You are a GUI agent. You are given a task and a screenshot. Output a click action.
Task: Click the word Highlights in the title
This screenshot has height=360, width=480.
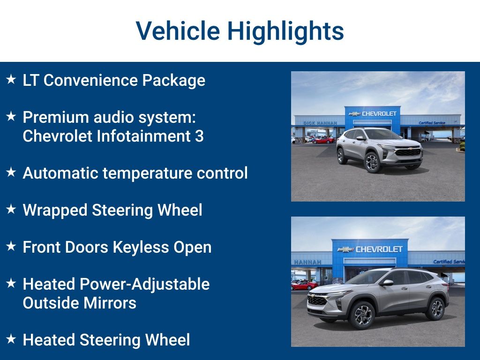click(285, 31)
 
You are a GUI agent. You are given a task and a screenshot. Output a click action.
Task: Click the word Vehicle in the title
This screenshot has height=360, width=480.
click(178, 31)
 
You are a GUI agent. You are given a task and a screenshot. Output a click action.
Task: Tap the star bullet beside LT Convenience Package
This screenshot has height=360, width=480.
click(11, 80)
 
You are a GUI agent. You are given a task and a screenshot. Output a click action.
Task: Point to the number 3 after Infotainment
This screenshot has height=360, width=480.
click(199, 136)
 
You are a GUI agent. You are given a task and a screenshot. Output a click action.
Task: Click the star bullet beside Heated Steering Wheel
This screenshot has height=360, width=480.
click(11, 339)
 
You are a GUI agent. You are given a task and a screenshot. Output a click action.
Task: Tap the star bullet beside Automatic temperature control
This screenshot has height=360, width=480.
click(11, 172)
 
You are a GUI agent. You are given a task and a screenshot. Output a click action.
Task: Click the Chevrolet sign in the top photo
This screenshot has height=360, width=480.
click(373, 113)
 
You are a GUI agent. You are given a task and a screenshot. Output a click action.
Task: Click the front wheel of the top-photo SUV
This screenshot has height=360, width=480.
click(373, 163)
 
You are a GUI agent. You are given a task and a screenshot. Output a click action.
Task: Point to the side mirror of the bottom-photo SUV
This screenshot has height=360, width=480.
click(387, 283)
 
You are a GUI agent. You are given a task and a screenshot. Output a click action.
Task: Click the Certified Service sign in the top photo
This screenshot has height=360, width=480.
click(432, 123)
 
